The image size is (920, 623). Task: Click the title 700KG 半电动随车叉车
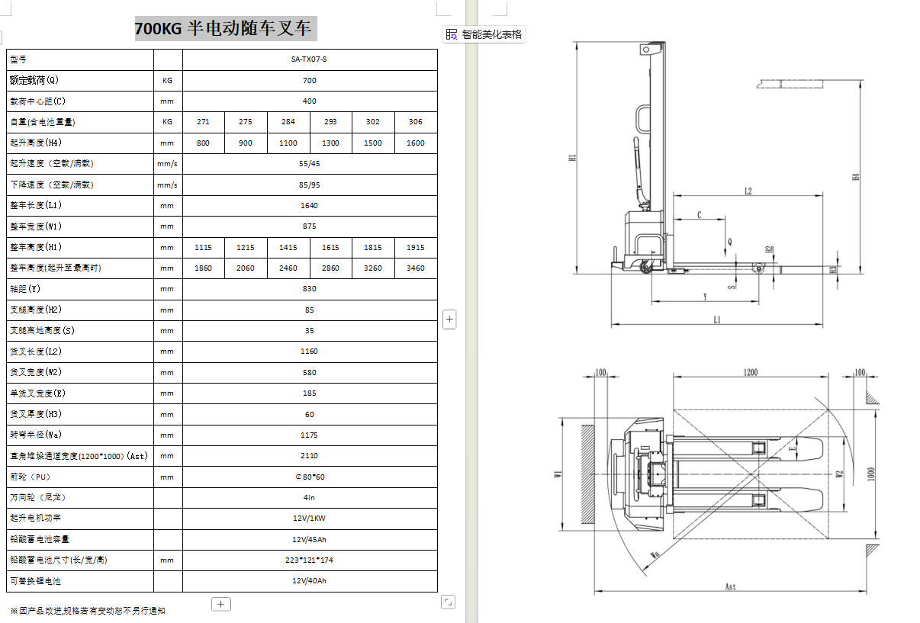223,29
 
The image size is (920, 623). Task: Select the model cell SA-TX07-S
309,59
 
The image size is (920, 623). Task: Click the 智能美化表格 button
484,34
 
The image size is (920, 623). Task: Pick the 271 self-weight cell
203,122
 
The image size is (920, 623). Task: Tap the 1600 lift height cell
416,143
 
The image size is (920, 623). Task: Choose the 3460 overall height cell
416,268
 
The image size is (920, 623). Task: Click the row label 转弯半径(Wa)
36,435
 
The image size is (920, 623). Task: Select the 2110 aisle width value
309,456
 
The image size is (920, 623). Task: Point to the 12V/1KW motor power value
309,519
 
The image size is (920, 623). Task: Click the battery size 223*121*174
309,560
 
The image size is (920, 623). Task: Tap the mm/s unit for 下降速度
167,185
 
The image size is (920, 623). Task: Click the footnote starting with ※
88,611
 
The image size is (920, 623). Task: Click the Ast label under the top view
730,586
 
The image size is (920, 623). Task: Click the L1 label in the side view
717,320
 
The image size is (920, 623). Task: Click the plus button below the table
221,604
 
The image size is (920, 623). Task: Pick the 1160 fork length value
309,352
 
